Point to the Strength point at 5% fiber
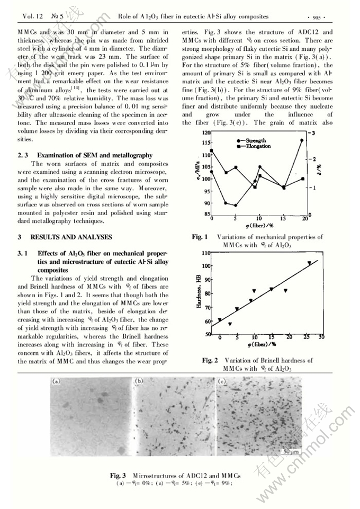tap(236, 206)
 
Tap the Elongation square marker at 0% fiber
tap(212, 150)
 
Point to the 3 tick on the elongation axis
tap(313, 133)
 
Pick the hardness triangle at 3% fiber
tap(230, 324)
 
